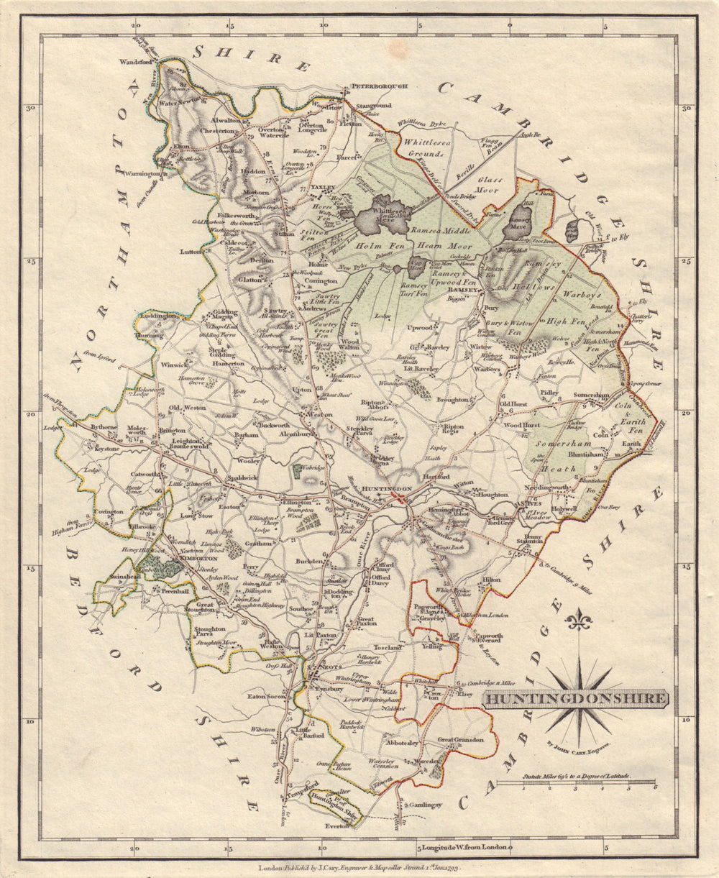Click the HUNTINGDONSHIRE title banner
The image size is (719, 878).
click(575, 698)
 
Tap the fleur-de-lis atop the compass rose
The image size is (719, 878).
click(578, 618)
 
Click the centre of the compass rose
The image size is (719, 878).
click(578, 697)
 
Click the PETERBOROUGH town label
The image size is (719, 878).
click(379, 86)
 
